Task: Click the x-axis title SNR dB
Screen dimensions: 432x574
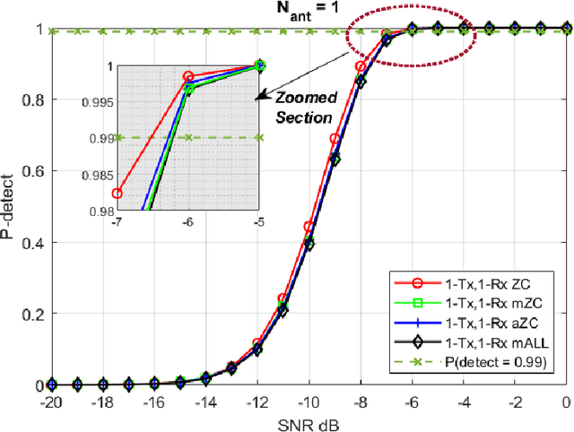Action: (309, 421)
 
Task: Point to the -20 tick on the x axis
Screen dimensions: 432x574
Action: (51, 402)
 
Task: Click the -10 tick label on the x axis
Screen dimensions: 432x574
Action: (309, 402)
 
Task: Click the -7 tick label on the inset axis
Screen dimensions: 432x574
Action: (117, 222)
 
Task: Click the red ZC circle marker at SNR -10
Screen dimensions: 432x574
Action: (309, 227)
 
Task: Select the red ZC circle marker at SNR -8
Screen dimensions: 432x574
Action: (361, 66)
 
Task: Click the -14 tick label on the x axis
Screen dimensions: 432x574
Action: (205, 402)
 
